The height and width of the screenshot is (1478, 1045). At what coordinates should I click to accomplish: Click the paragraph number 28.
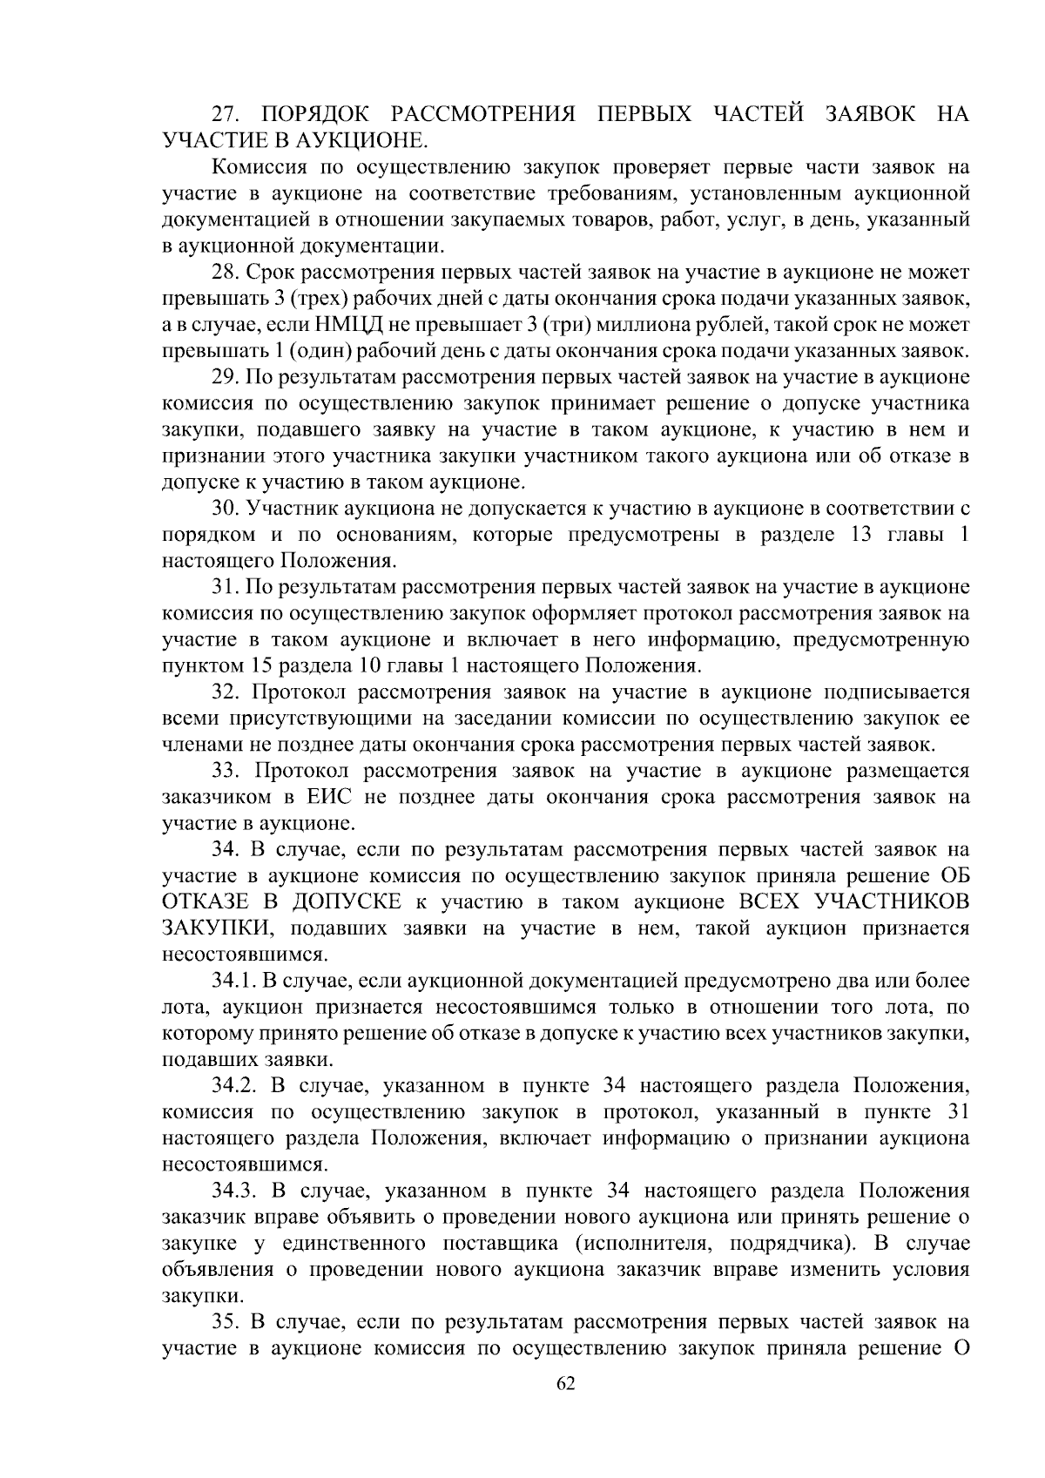coord(226,273)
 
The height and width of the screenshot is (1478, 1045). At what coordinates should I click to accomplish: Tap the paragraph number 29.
coord(226,377)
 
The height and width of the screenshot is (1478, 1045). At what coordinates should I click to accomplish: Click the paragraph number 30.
coord(226,509)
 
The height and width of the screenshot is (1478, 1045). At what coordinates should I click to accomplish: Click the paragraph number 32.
coord(228,692)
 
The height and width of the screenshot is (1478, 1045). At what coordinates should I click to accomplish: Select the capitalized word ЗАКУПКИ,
coord(214,928)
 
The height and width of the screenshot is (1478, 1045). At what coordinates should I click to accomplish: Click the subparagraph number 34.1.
coord(233,982)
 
